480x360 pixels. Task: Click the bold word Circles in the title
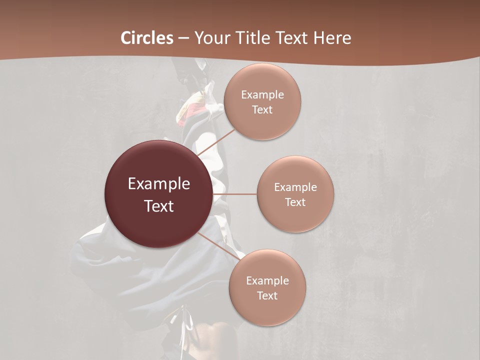[x=147, y=38]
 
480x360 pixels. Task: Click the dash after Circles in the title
[x=183, y=38]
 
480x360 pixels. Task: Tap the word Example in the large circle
[x=159, y=184]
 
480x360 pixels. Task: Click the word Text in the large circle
[x=159, y=206]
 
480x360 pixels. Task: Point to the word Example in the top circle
[x=262, y=95]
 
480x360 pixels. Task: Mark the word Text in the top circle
[x=262, y=110]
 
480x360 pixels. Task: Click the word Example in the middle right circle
[x=295, y=187]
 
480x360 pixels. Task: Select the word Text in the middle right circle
[x=295, y=202]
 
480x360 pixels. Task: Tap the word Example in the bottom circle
[x=267, y=281]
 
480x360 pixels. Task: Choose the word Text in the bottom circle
[x=267, y=296]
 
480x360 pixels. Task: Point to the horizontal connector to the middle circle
[x=235, y=194]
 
